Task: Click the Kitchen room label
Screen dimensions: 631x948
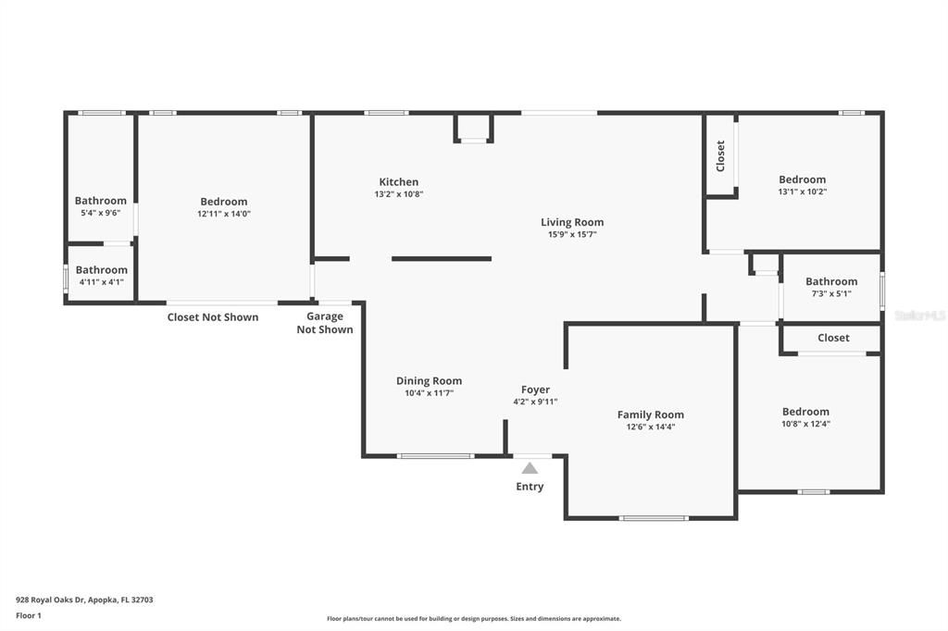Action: point(398,182)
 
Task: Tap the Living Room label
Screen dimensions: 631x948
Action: point(572,222)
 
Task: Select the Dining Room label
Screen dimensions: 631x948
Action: point(429,381)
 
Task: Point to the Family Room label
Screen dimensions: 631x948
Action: point(650,415)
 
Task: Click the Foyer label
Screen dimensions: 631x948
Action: point(535,390)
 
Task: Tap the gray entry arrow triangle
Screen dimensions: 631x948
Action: point(530,468)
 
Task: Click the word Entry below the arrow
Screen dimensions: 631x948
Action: point(530,487)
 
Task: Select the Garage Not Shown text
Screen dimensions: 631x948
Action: point(324,323)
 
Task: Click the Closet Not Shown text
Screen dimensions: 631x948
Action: point(212,317)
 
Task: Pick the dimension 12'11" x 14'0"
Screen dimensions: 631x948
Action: point(223,214)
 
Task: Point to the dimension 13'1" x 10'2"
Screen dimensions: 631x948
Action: point(802,192)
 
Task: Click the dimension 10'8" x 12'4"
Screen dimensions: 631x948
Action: point(805,424)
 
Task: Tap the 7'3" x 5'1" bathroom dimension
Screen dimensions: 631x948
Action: point(830,293)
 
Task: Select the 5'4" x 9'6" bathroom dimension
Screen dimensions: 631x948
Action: point(100,213)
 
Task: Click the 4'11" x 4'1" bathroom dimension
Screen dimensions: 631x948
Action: point(101,282)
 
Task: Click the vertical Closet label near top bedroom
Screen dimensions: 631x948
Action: point(720,155)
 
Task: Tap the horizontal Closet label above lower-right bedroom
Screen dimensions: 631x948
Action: point(833,338)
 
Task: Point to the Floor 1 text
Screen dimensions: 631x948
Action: point(29,614)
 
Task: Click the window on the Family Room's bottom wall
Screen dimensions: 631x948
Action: point(654,518)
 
